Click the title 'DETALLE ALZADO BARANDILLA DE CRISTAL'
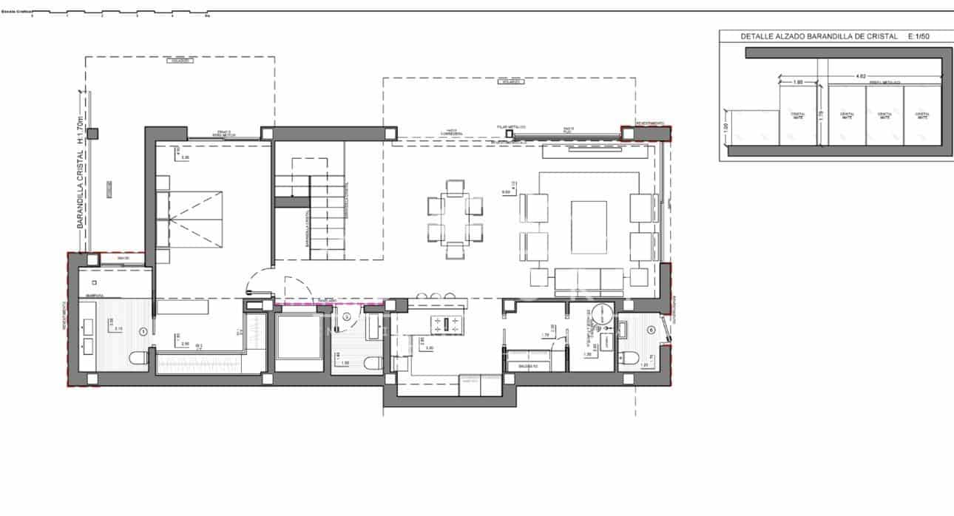point(819,36)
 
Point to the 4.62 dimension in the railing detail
point(860,75)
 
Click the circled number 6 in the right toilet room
point(651,330)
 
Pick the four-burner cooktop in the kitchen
point(448,322)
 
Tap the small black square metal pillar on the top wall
point(509,134)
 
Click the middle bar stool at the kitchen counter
point(433,296)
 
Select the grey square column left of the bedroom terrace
point(92,134)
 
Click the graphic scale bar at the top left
point(118,13)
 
